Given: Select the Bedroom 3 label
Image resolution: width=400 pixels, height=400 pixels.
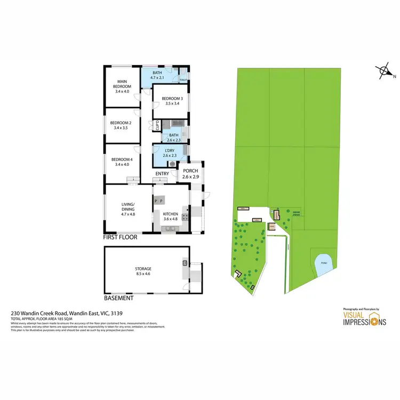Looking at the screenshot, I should tap(172, 100).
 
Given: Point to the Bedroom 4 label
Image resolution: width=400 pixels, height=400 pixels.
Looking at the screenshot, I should tap(122, 162).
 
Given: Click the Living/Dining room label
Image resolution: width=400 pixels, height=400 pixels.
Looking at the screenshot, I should tap(127, 209).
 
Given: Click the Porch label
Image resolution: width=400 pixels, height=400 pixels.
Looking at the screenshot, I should tap(190, 171).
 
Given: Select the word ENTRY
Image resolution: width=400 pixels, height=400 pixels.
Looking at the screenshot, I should tap(162, 174).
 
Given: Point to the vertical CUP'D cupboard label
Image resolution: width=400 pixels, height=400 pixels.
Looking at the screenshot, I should tap(157, 126).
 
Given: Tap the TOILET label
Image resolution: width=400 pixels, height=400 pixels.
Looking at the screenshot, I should tap(183, 79).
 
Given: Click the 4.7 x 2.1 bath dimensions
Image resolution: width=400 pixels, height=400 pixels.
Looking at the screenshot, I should tap(157, 78).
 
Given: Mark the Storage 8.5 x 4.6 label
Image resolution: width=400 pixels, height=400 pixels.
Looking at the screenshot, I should tap(143, 271).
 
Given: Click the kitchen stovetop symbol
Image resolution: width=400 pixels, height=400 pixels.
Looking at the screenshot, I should tap(185, 216).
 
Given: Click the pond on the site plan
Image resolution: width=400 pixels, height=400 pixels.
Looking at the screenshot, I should tap(321, 263).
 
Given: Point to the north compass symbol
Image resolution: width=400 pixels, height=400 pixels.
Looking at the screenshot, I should tap(383, 71).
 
